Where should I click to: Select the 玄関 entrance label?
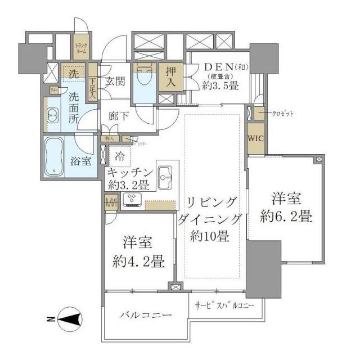tap(116, 80)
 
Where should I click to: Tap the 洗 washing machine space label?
tap(74, 73)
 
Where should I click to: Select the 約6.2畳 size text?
tap(286, 217)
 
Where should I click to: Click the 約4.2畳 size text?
tap(138, 261)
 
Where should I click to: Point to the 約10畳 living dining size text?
tap(209, 236)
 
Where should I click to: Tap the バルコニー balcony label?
tap(146, 316)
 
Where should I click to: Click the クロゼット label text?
tap(282, 114)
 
